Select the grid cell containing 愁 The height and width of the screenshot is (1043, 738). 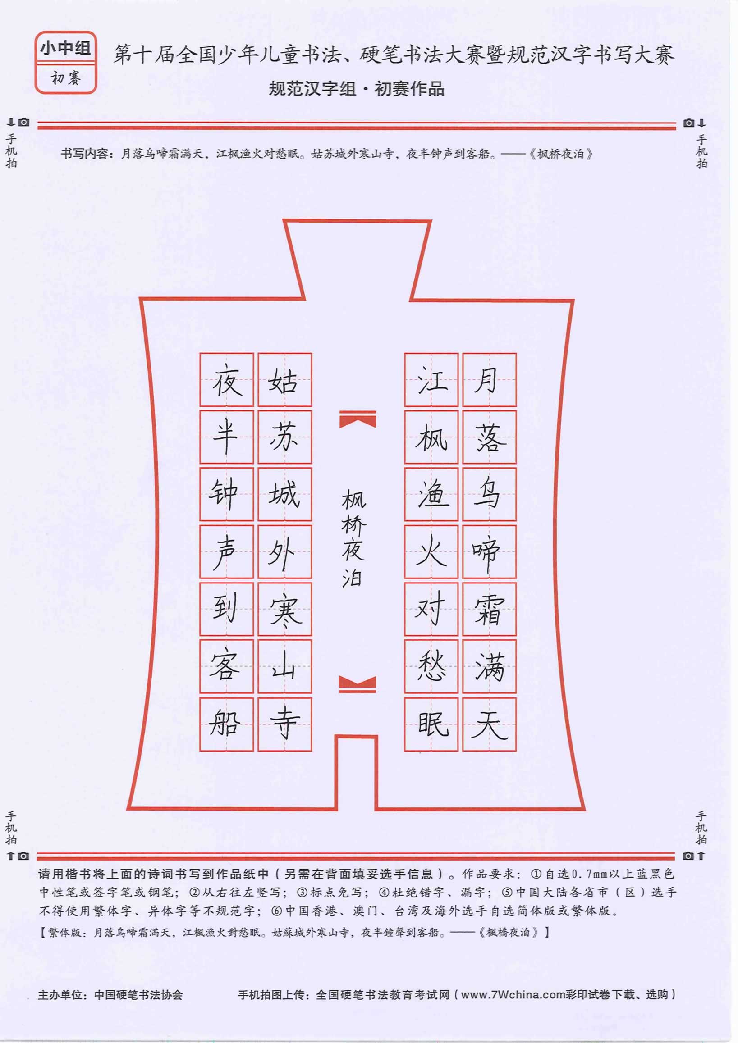point(431,666)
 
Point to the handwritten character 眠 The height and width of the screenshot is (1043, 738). point(433,723)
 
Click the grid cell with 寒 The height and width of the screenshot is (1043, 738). point(285,609)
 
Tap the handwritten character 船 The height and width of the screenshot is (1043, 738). point(225,723)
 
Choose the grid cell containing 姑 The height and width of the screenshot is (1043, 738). point(285,380)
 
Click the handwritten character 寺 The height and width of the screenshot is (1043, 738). point(284,723)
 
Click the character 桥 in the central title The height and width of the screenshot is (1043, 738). point(353,525)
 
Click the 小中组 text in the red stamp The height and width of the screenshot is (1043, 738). point(66,48)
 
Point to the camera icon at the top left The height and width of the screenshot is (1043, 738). point(24,122)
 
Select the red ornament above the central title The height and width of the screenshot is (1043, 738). point(358,419)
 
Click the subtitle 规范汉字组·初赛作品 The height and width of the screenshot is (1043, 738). point(356,89)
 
